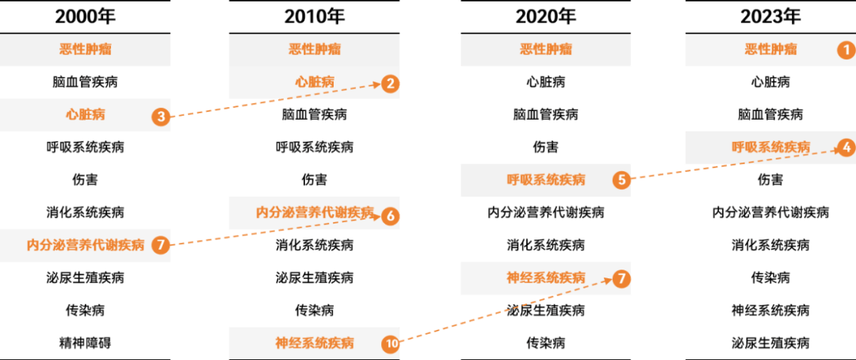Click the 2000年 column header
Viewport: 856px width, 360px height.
click(85, 16)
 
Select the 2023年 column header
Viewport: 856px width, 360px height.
click(770, 16)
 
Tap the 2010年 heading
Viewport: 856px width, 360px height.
click(314, 16)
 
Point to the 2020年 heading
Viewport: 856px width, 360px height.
click(545, 16)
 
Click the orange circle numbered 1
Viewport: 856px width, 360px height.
click(846, 49)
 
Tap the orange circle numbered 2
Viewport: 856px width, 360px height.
click(389, 82)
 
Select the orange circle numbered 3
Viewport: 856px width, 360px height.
click(161, 117)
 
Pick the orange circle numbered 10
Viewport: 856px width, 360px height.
click(390, 343)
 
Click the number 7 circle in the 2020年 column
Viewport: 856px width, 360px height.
click(621, 278)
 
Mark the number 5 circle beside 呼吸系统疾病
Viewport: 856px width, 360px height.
click(621, 179)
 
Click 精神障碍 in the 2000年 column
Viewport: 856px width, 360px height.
click(85, 343)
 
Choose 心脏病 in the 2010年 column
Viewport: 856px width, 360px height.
click(314, 82)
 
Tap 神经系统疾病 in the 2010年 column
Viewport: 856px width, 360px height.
click(314, 343)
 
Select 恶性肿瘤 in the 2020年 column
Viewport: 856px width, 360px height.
click(545, 49)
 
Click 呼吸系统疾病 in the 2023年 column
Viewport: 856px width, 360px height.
click(770, 147)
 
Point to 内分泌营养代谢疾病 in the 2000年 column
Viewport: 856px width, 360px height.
click(85, 244)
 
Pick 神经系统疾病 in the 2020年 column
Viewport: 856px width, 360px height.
click(545, 278)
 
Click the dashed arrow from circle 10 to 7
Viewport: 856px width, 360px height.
click(507, 310)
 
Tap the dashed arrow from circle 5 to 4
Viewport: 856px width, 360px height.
click(733, 163)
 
